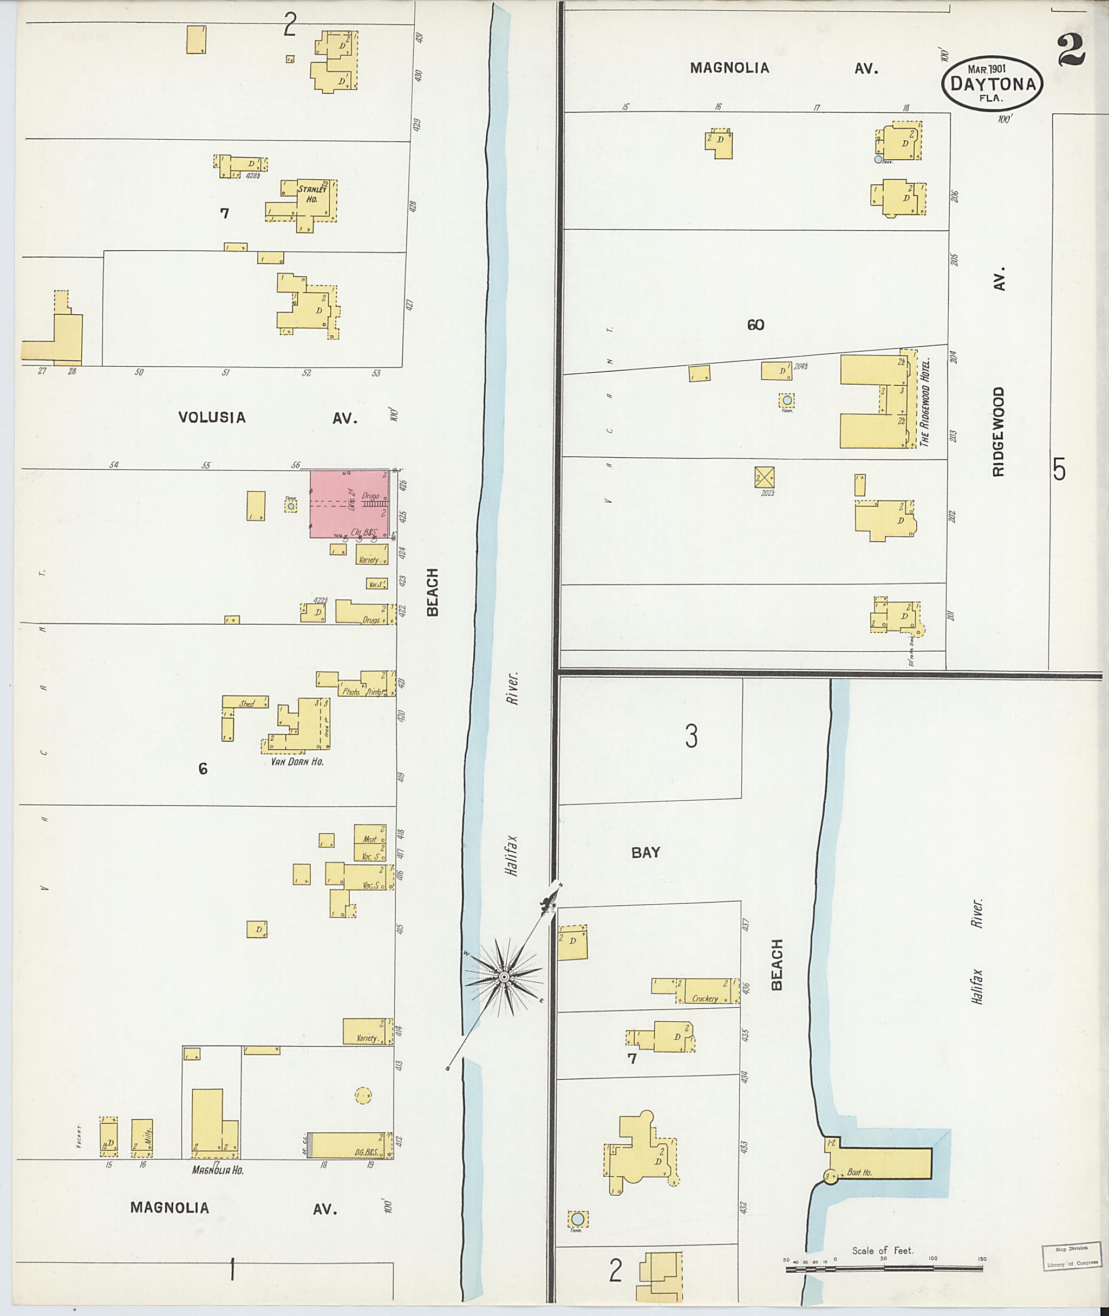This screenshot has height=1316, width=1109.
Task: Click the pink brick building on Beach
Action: coord(350,504)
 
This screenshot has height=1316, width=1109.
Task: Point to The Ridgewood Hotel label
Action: coord(924,403)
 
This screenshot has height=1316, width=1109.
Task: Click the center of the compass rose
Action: coord(504,977)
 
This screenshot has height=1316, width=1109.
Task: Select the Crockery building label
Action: coord(704,999)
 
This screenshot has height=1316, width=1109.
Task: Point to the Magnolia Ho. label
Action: coord(218,1170)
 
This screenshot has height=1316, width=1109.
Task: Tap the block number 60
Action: coord(756,325)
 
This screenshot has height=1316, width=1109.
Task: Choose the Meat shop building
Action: coord(370,839)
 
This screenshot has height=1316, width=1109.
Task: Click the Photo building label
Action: coord(350,691)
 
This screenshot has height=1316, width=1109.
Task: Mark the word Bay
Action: coord(645,852)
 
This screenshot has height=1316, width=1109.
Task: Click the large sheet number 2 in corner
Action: coord(1071,50)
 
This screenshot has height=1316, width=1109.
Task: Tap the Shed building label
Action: coord(246,704)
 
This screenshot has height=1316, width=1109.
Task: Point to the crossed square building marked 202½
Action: coord(765,477)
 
